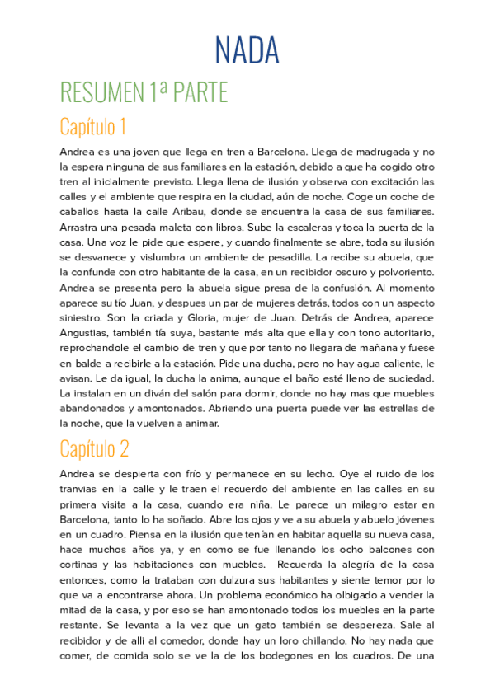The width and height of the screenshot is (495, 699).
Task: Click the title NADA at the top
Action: click(247, 50)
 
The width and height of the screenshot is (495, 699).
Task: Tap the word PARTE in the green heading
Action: click(199, 92)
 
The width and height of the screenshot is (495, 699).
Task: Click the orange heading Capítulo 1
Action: click(92, 127)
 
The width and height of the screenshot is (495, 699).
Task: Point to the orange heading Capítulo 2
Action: click(94, 448)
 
